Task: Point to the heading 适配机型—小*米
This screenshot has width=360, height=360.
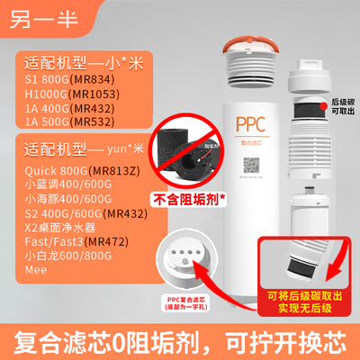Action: tap(73, 62)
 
